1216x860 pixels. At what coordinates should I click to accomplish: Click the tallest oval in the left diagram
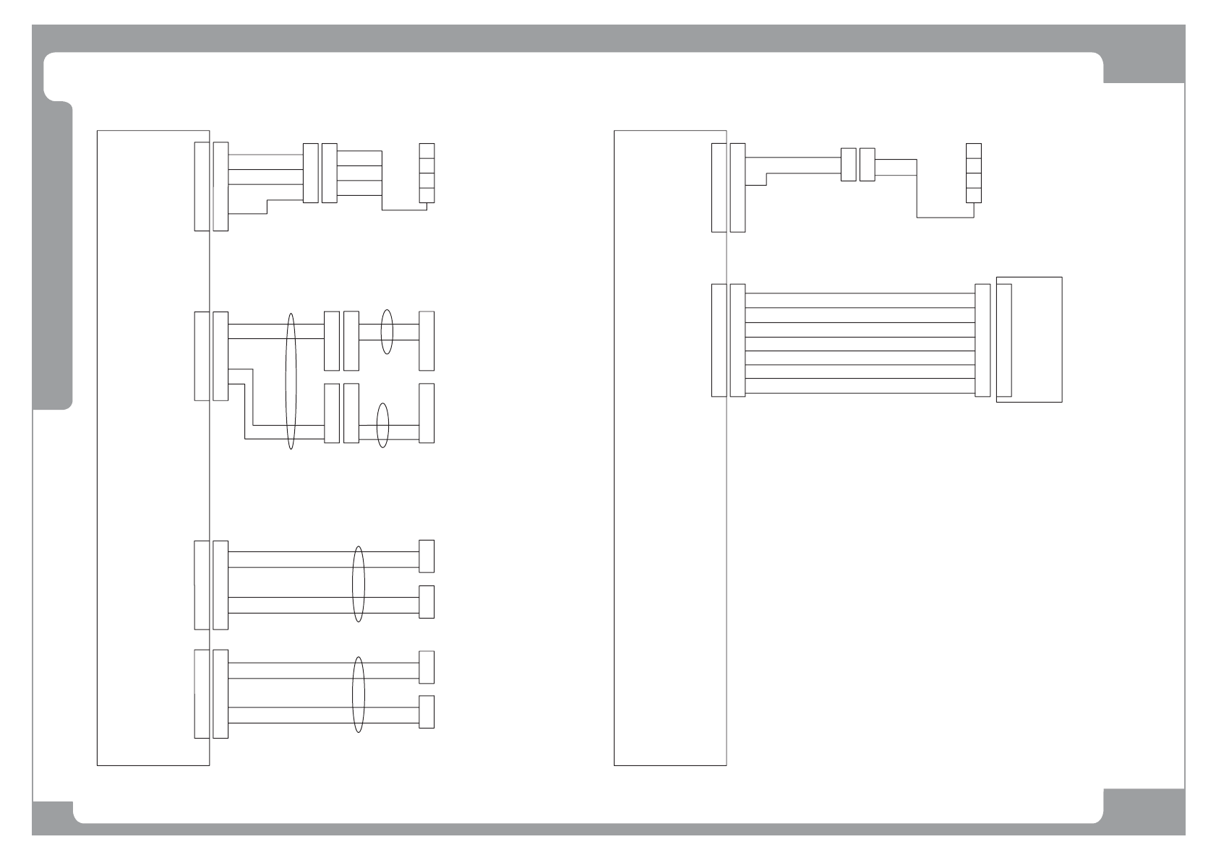pos(291,381)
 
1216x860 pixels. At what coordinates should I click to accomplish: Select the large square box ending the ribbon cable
pos(1035,339)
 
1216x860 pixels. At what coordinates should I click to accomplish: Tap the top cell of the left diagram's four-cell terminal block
pos(427,151)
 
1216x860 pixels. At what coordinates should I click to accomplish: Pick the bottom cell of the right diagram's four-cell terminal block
pos(974,194)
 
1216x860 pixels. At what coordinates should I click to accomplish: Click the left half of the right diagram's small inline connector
pos(848,165)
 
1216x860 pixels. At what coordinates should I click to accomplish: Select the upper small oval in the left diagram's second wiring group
pos(387,332)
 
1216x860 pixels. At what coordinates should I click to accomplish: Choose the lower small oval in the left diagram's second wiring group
pos(383,425)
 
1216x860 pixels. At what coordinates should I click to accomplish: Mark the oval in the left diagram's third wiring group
pos(358,584)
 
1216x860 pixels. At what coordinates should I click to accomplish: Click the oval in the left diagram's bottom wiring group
pos(358,695)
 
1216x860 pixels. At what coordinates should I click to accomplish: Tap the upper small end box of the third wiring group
pos(427,556)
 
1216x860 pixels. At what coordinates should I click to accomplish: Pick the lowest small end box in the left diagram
pos(427,712)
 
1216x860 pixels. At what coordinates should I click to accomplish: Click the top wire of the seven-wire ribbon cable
pos(860,293)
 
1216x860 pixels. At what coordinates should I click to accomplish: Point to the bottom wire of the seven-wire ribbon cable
pos(860,395)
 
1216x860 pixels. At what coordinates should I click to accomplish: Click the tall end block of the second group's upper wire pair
pos(427,341)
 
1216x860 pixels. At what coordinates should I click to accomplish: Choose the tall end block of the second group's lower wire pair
pos(427,413)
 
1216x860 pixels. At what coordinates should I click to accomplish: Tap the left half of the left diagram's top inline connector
pos(310,173)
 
